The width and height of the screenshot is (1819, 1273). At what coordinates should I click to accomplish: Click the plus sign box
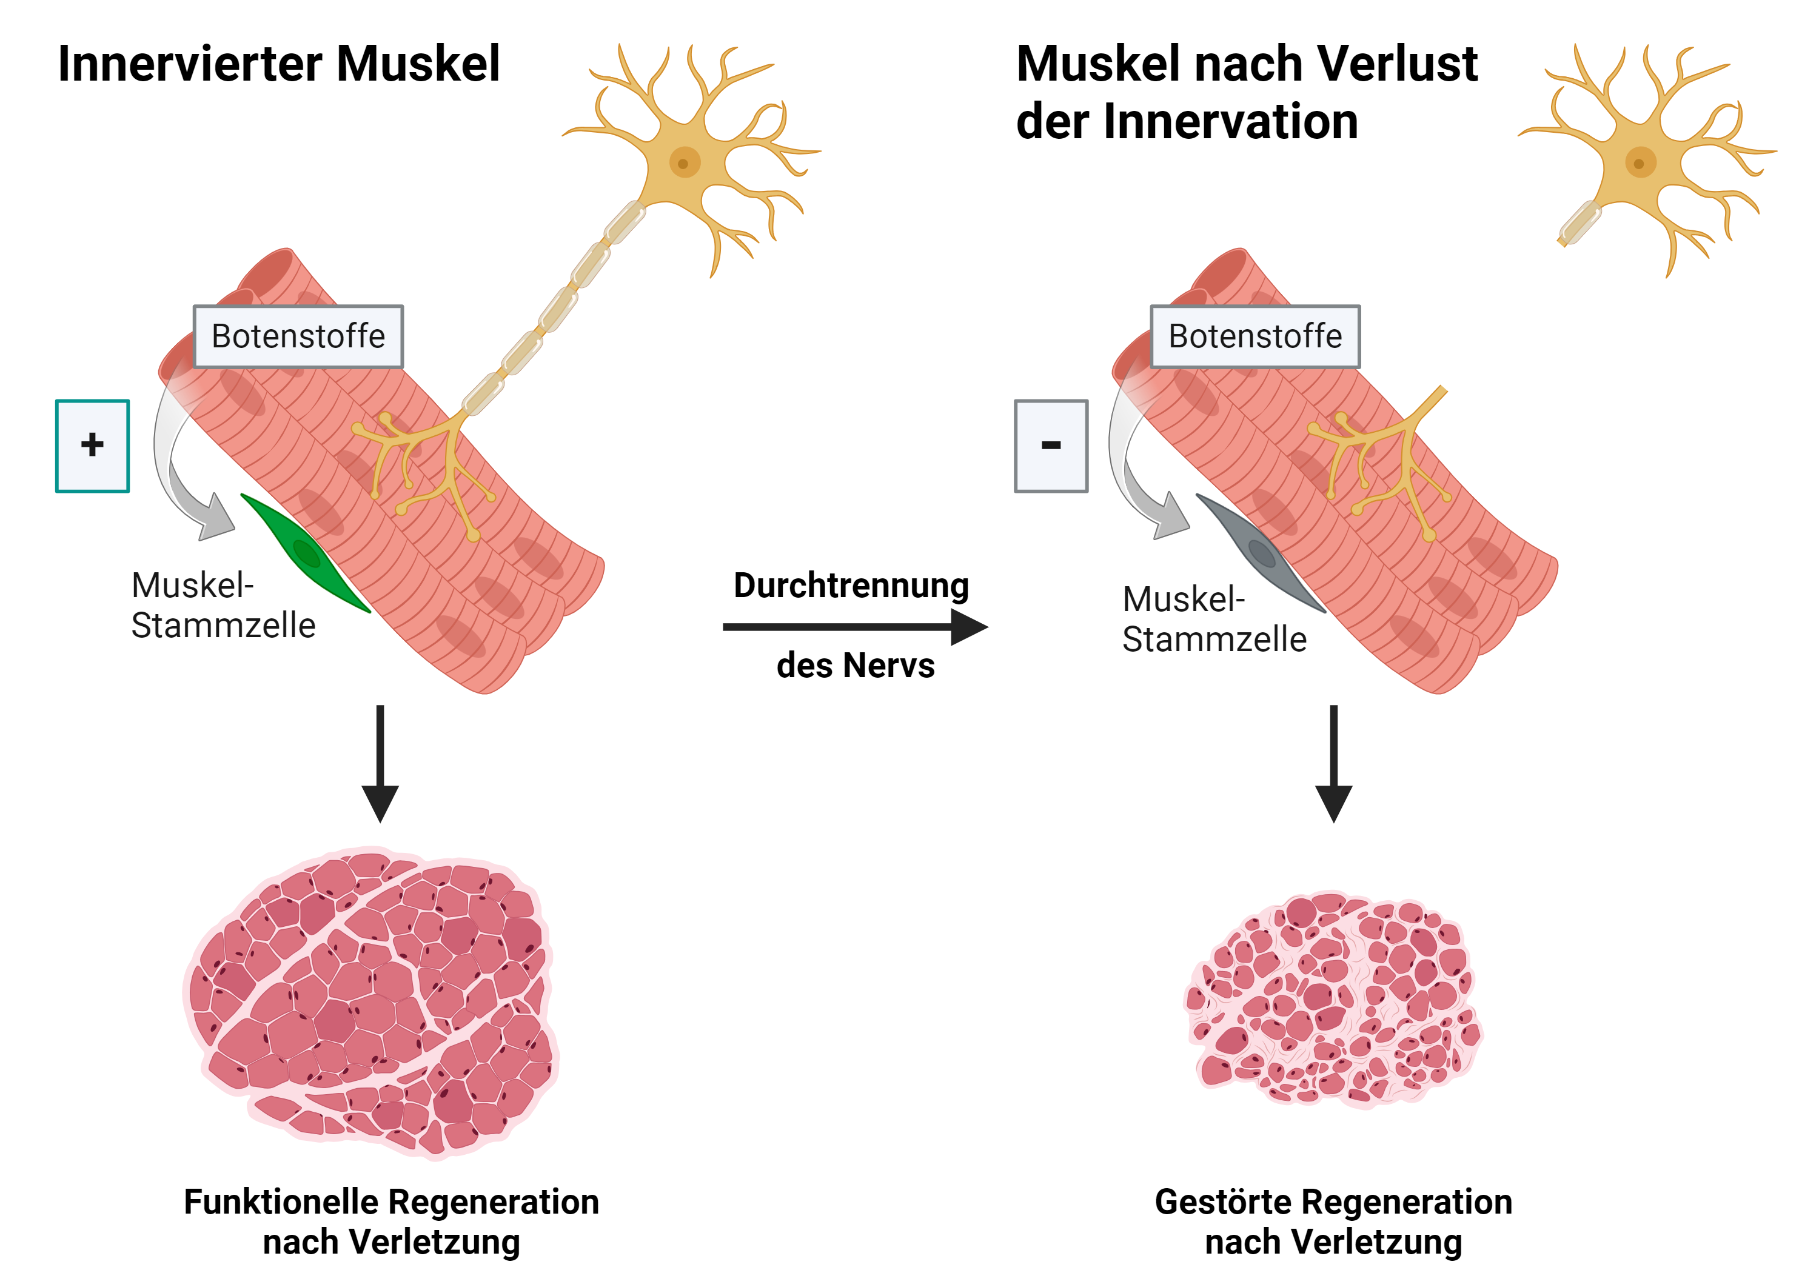[x=92, y=446]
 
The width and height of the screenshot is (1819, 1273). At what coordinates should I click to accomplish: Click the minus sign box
[x=1051, y=446]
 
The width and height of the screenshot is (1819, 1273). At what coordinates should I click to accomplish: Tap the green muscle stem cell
[x=304, y=552]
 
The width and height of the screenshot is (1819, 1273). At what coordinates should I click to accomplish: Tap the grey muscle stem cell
[x=1260, y=552]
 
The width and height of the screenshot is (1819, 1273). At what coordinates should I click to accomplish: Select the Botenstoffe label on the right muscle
[x=1255, y=336]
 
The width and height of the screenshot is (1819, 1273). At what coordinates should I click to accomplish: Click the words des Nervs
[x=855, y=666]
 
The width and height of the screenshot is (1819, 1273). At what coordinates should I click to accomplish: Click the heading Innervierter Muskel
[x=279, y=64]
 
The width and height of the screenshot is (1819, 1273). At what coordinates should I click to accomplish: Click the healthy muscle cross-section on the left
[x=372, y=1002]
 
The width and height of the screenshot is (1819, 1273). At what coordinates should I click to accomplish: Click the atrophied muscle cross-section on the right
[x=1333, y=1000]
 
